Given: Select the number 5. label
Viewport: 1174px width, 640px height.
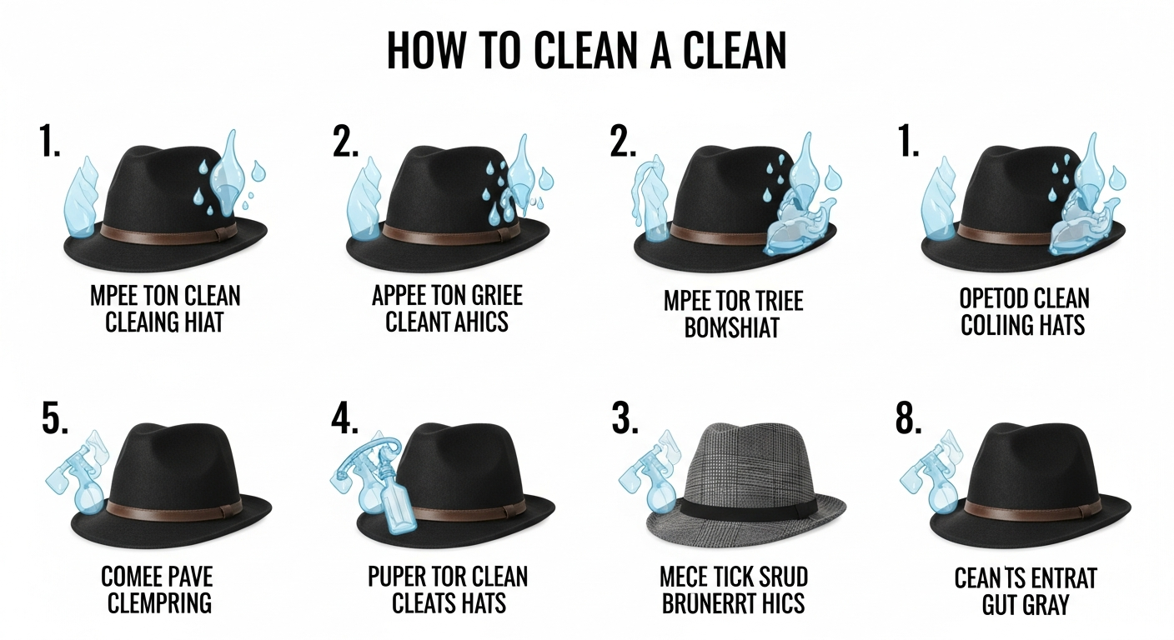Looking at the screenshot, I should click(56, 420).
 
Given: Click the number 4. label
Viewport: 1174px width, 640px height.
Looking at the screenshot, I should click(344, 420).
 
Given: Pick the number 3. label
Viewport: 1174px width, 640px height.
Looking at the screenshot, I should click(625, 420).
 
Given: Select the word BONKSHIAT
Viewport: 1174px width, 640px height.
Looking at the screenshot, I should click(731, 327).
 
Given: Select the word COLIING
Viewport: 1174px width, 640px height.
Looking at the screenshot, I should click(993, 324).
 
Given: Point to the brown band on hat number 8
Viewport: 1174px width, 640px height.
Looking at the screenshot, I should click(1026, 507).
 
